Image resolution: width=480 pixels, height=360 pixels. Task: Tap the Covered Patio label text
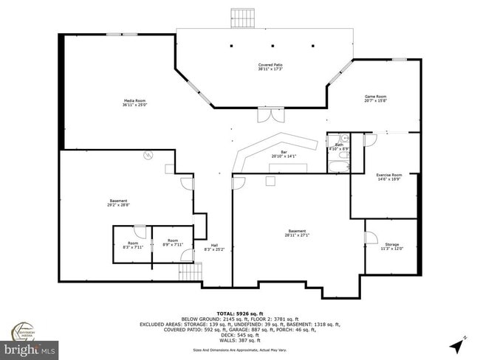(270, 67)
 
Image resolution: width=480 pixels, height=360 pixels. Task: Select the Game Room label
(376, 99)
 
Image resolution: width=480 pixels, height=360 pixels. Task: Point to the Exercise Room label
(388, 177)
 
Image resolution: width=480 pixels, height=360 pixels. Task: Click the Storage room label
(391, 246)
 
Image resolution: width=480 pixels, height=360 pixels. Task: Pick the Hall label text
(214, 247)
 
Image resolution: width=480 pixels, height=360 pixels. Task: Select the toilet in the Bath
(345, 139)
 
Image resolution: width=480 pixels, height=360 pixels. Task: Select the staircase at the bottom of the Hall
(191, 274)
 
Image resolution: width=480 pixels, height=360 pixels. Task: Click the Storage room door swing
(371, 237)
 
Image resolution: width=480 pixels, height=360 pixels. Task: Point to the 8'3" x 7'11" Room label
(133, 246)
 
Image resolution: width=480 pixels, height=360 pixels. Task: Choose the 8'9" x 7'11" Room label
(173, 243)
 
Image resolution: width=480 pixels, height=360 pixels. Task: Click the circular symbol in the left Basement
(148, 156)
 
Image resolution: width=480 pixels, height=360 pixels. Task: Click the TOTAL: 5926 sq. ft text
(240, 314)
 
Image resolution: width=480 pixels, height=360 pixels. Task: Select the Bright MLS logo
(31, 347)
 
